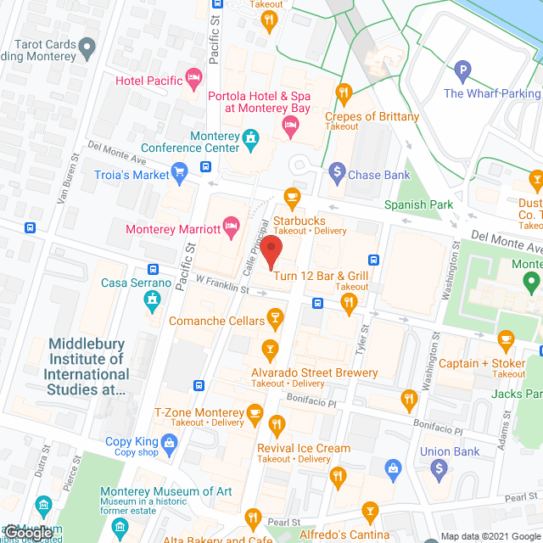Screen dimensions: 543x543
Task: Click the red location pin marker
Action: click(271, 252)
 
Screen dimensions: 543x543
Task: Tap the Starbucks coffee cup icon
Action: click(292, 197)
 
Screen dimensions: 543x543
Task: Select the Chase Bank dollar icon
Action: click(337, 175)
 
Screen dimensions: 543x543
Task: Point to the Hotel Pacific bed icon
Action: click(194, 81)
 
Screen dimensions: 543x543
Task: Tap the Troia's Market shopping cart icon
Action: click(178, 175)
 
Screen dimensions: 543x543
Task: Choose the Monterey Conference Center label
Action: click(190, 142)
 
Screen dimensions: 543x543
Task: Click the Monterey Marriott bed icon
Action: click(232, 228)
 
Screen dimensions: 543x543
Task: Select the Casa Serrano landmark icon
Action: click(152, 299)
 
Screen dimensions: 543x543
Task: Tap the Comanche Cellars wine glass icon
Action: click(274, 319)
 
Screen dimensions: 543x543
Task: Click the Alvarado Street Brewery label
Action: click(314, 372)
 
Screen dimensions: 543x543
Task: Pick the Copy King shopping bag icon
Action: click(170, 441)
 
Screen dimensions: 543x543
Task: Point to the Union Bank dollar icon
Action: click(439, 468)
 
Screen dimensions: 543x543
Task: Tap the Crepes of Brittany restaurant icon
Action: click(344, 92)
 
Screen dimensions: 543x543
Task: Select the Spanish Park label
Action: click(418, 204)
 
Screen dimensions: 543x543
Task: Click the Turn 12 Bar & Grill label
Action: click(321, 276)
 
